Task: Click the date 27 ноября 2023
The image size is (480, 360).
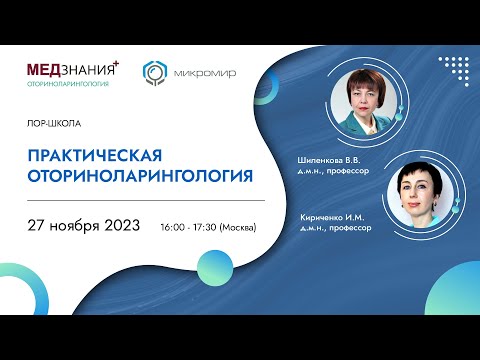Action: [x=90, y=223]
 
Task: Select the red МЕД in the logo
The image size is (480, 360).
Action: [x=47, y=69]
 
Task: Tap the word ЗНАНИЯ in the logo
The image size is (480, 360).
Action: [x=89, y=70]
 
